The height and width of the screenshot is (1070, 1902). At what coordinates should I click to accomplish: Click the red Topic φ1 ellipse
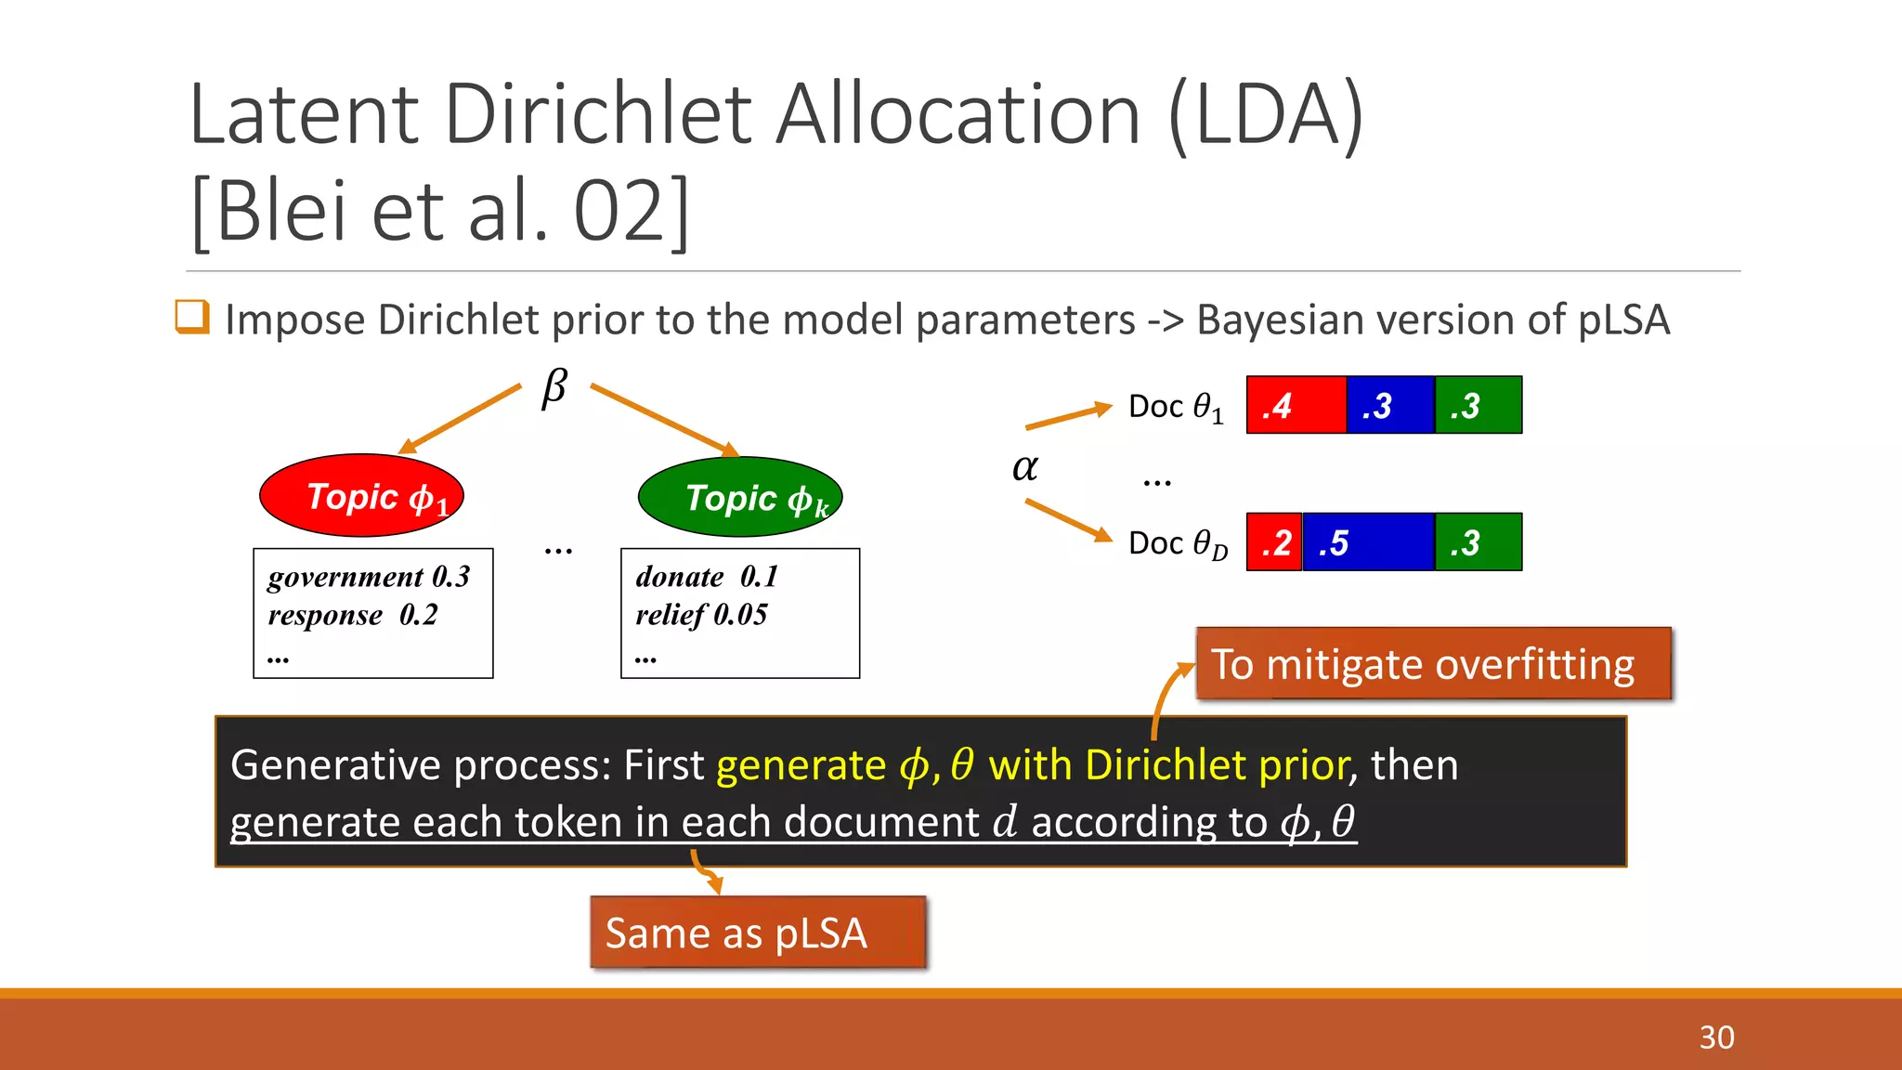click(x=361, y=495)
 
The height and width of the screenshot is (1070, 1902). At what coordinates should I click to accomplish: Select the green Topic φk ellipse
click(x=740, y=497)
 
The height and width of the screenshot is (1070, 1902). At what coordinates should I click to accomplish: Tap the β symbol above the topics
click(x=554, y=387)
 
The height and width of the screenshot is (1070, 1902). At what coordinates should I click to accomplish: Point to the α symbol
click(x=1024, y=467)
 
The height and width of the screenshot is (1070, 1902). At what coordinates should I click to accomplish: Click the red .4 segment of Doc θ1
click(x=1296, y=405)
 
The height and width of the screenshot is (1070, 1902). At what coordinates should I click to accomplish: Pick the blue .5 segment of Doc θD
click(x=1368, y=542)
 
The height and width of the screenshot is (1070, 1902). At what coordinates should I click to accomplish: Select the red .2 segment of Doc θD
click(x=1274, y=542)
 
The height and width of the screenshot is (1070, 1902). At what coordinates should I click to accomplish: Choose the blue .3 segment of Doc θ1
click(x=1390, y=405)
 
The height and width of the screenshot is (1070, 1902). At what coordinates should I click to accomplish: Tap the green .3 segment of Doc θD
click(x=1478, y=542)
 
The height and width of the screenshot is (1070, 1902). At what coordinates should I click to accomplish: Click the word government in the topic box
click(x=345, y=578)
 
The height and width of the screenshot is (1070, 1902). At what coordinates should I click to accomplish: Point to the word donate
click(x=679, y=577)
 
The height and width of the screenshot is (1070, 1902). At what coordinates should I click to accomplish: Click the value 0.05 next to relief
click(x=740, y=615)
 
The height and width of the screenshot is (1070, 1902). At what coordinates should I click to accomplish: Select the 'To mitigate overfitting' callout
click(x=1433, y=664)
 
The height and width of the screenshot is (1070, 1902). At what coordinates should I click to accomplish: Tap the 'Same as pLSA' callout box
click(x=758, y=933)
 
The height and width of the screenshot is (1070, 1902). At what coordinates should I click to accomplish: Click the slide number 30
click(x=1716, y=1037)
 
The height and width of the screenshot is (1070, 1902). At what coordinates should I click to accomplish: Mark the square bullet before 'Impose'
click(x=192, y=317)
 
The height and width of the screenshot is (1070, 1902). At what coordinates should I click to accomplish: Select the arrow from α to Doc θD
click(x=1068, y=520)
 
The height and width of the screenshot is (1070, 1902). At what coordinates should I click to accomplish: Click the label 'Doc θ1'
click(x=1176, y=407)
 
